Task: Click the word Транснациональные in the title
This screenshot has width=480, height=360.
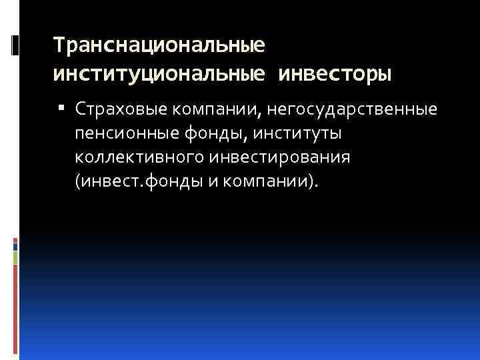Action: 159,46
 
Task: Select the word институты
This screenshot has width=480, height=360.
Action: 296,133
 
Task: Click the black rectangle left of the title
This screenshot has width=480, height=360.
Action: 15,45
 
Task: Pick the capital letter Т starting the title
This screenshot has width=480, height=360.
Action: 59,46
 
